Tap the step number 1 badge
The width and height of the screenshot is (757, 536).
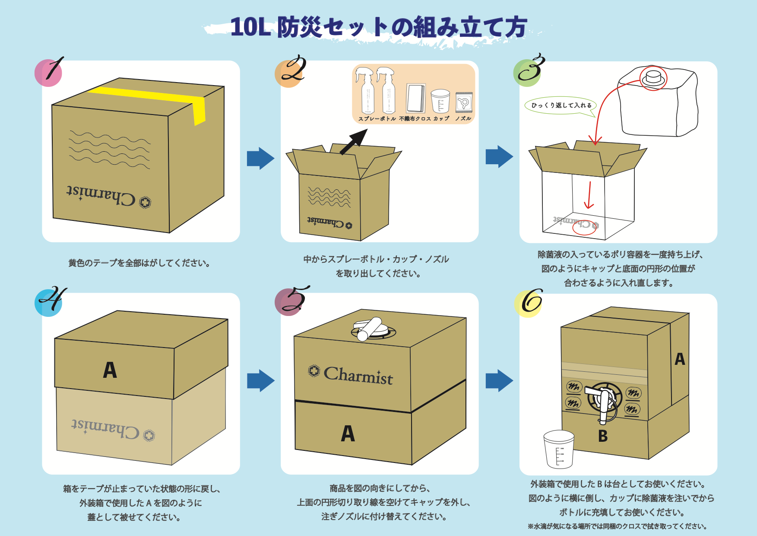[49, 72]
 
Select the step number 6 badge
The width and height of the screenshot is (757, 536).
[528, 303]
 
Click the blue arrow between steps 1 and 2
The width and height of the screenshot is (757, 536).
[260, 158]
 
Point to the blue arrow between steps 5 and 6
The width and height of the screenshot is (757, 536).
[499, 380]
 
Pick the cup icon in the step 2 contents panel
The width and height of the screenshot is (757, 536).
[440, 101]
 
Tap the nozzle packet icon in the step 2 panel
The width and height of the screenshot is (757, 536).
[464, 102]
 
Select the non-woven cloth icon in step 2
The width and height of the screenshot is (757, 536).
[416, 99]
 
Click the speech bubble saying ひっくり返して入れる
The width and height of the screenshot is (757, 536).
[561, 105]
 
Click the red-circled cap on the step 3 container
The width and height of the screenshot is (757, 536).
[653, 78]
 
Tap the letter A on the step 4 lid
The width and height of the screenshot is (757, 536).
[110, 370]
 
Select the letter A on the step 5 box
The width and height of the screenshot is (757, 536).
[348, 433]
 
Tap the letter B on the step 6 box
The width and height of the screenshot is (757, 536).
[603, 436]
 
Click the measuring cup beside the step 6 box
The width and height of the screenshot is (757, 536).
[559, 449]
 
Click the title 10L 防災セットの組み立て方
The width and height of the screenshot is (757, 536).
[378, 27]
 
